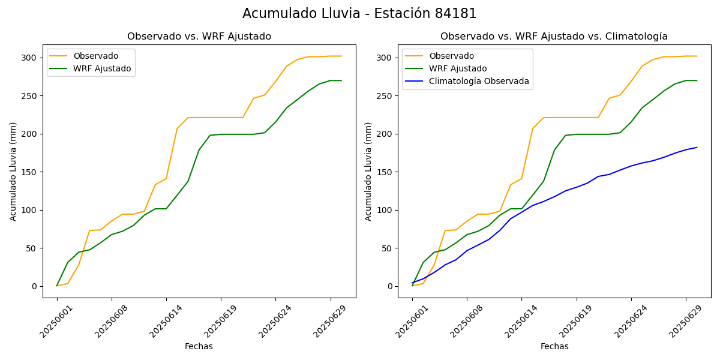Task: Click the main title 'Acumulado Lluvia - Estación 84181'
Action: pyautogui.click(x=359, y=14)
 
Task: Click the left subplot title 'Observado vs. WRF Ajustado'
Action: pyautogui.click(x=199, y=37)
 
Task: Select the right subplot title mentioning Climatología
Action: pyautogui.click(x=554, y=37)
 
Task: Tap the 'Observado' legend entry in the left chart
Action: pyautogui.click(x=95, y=56)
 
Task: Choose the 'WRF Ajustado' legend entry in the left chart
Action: pyautogui.click(x=102, y=68)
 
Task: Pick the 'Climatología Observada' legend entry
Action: pyautogui.click(x=479, y=81)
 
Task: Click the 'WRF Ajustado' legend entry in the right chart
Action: pyautogui.click(x=458, y=68)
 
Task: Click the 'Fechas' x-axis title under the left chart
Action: pyautogui.click(x=199, y=346)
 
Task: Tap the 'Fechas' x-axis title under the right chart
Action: pyautogui.click(x=554, y=346)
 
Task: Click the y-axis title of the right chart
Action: pyautogui.click(x=368, y=171)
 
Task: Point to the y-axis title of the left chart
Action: pyautogui.click(x=13, y=171)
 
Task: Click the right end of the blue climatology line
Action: pyautogui.click(x=697, y=148)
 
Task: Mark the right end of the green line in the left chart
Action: pyautogui.click(x=341, y=80)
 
